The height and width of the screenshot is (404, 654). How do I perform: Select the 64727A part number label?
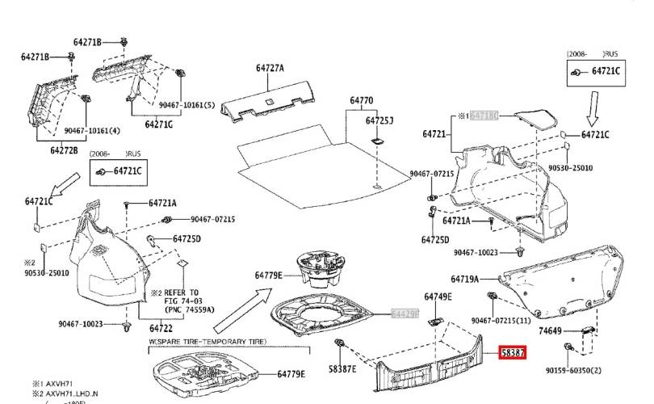pyautogui.click(x=270, y=69)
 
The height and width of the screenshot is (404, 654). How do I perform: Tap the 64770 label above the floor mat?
pyautogui.click(x=361, y=102)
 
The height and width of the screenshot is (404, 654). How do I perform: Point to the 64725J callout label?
pyautogui.click(x=379, y=120)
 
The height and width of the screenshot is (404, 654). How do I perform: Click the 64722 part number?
pyautogui.click(x=161, y=328)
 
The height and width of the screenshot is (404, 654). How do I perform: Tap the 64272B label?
pyautogui.click(x=64, y=150)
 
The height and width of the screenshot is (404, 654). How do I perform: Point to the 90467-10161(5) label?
pyautogui.click(x=187, y=105)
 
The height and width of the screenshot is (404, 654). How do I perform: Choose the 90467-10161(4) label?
pyautogui.click(x=92, y=131)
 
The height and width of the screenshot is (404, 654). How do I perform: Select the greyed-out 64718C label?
pyautogui.click(x=485, y=116)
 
